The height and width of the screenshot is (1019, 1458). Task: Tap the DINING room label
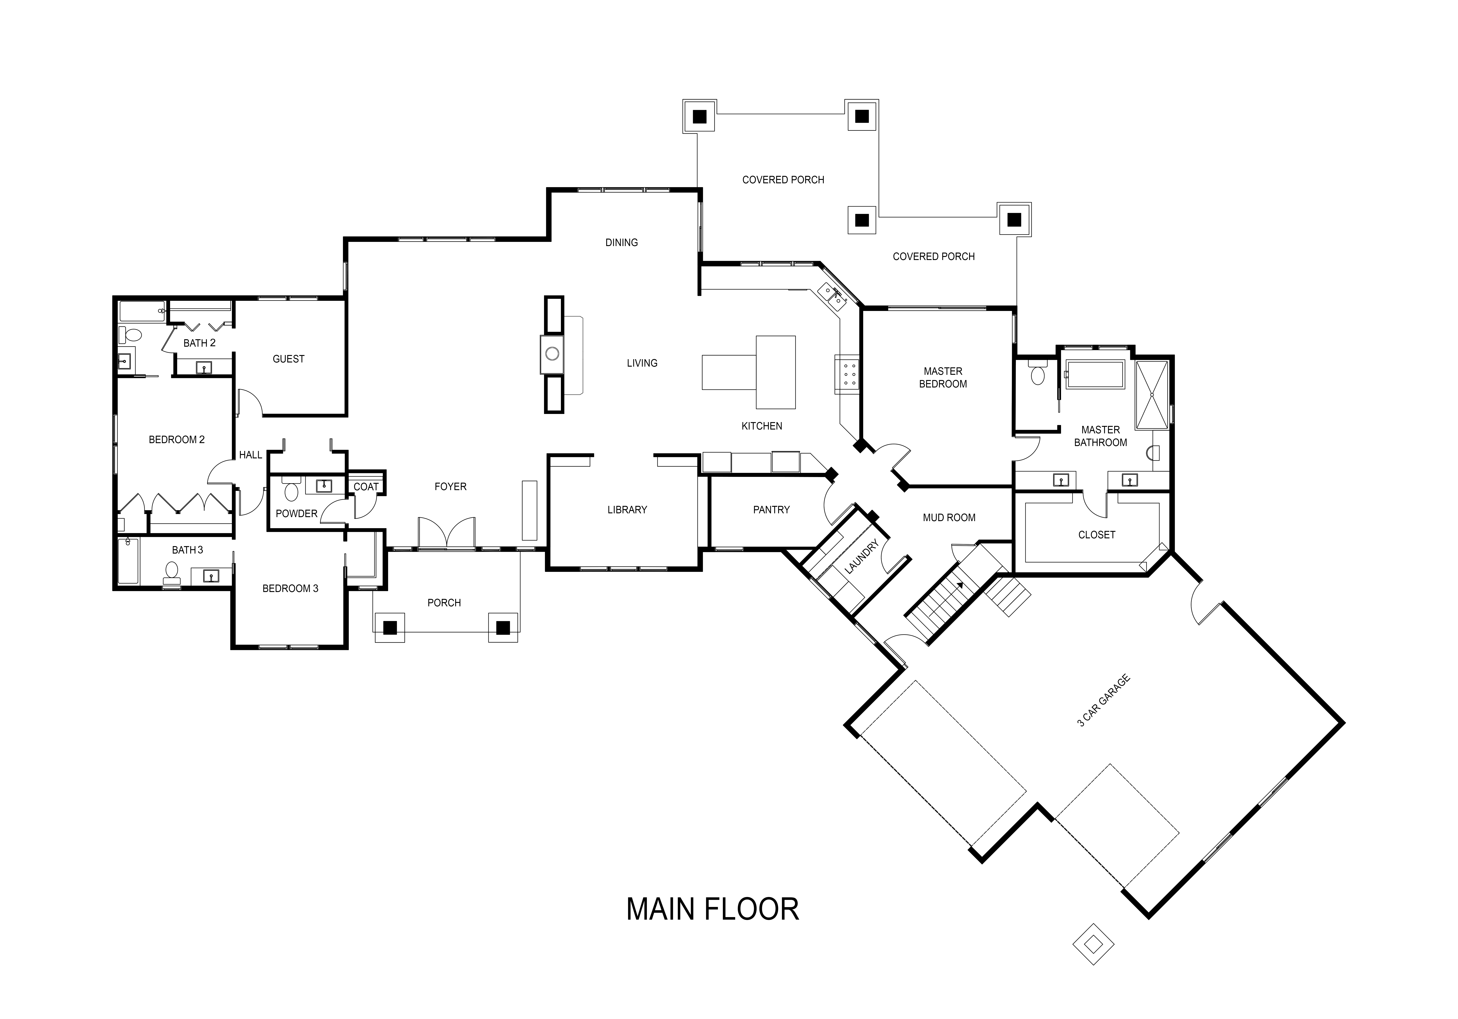point(621,243)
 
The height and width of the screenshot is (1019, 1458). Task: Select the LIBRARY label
point(627,510)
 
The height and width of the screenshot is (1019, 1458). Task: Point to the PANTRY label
point(771,510)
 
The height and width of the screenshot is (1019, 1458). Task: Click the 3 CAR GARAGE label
point(1104,701)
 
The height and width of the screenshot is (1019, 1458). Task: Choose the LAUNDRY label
point(862,557)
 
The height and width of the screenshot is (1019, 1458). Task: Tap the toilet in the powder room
point(291,491)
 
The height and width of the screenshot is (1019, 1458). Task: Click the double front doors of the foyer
point(446,532)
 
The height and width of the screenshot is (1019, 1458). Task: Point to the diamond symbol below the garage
point(1093,944)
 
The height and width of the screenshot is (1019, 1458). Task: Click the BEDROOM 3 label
point(290,589)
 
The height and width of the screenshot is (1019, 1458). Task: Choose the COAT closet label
point(366,487)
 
